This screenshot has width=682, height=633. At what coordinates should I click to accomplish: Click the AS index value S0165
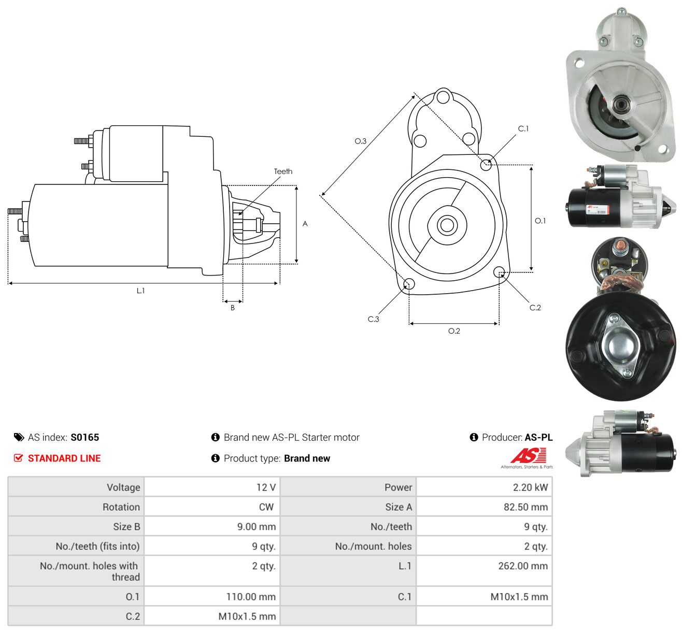click(x=84, y=437)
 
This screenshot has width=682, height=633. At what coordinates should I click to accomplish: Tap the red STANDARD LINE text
click(x=64, y=458)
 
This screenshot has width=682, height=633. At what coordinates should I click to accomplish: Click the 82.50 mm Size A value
click(x=525, y=507)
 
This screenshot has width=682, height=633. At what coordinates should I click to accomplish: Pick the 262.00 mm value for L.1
click(x=523, y=566)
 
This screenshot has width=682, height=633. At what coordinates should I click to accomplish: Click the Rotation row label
click(x=121, y=507)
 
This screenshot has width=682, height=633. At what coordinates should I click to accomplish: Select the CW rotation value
click(x=266, y=507)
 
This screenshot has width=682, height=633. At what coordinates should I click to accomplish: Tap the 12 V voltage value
click(x=266, y=487)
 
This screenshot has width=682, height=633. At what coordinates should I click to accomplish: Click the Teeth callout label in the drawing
click(x=283, y=171)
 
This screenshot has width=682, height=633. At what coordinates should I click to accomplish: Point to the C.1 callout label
click(x=523, y=129)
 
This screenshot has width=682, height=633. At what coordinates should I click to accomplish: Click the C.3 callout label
click(x=373, y=319)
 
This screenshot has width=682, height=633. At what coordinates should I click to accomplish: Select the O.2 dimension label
click(x=454, y=331)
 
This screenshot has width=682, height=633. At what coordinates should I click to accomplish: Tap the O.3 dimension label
click(x=360, y=141)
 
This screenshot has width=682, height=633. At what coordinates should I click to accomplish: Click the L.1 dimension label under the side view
click(x=140, y=291)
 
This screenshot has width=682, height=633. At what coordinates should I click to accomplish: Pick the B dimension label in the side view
click(x=233, y=308)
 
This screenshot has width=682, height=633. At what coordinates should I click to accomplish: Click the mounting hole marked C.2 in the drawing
click(x=499, y=272)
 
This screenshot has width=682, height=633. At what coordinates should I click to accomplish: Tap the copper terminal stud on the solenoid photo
click(x=620, y=244)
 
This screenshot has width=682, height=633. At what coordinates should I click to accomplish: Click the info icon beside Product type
click(x=215, y=458)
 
